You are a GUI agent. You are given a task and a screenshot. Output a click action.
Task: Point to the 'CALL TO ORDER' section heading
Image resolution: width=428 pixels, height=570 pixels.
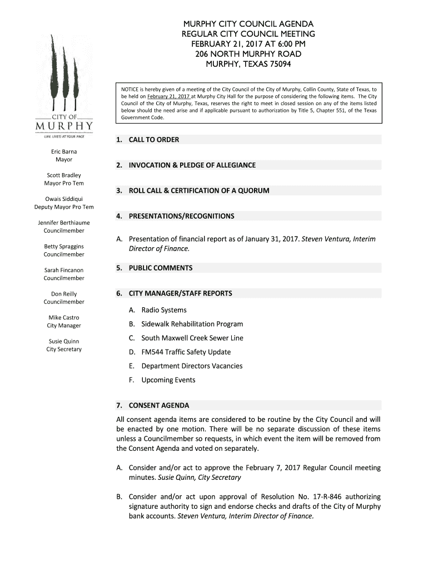point(153,140)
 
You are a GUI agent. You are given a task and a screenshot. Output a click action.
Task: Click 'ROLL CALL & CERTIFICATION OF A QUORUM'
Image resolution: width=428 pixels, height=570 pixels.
point(198,191)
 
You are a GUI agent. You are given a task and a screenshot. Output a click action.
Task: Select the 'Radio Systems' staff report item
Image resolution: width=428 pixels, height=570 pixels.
point(164,310)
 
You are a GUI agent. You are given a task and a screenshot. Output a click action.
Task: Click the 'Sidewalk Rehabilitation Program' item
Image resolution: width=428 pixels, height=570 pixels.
point(192,324)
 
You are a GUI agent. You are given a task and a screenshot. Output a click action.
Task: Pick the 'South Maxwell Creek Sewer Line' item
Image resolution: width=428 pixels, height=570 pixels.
point(192,338)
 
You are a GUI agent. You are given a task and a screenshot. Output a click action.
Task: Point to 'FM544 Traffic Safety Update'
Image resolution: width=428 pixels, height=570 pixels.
point(186,352)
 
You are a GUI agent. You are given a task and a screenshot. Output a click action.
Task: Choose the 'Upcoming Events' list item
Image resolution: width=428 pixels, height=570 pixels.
point(168,380)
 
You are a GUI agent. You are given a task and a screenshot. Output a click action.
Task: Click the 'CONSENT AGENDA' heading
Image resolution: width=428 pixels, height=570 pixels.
point(158,405)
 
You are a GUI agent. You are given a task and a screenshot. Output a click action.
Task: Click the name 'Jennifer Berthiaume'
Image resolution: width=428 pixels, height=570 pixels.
point(64,223)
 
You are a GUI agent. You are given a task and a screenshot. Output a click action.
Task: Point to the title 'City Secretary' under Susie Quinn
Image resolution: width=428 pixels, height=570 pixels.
point(64,350)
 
